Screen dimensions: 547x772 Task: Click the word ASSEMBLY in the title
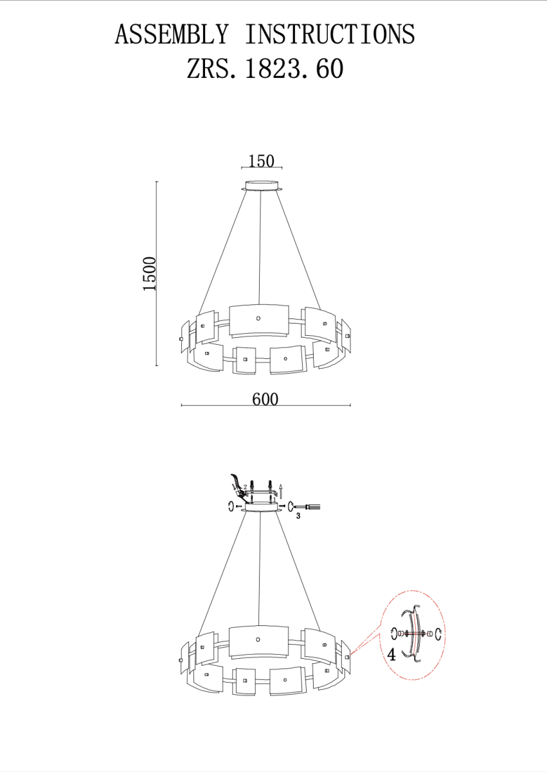coord(171,34)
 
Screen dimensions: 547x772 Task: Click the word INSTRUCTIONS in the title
coord(330,34)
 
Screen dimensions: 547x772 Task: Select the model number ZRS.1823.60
coord(265,68)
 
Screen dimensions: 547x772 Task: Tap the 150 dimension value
coord(261,161)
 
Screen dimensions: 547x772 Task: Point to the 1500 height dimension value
coord(150,273)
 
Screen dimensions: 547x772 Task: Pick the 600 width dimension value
coord(265,399)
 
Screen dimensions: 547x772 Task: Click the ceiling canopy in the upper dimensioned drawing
coord(262,186)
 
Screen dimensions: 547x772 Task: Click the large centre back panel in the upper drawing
coord(259,320)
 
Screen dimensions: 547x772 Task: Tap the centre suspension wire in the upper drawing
coord(260,248)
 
